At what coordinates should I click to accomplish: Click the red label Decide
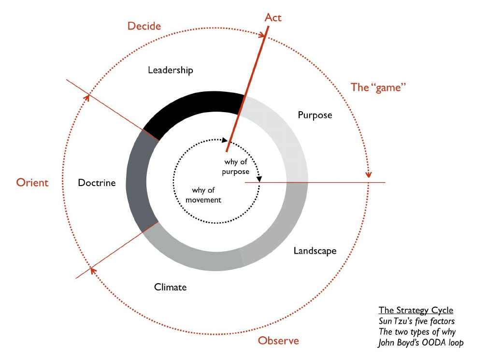click(144, 26)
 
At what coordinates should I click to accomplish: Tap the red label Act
click(273, 18)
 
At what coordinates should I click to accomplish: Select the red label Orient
click(32, 183)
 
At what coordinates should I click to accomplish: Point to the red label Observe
click(278, 341)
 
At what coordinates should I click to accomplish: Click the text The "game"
click(378, 87)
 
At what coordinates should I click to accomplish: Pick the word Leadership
click(170, 70)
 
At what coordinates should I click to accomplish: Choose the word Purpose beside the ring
click(315, 115)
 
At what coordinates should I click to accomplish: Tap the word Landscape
click(315, 251)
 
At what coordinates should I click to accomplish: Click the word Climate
click(170, 288)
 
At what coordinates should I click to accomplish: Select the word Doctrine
click(97, 183)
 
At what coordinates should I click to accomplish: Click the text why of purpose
click(236, 167)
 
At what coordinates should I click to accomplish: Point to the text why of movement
click(206, 195)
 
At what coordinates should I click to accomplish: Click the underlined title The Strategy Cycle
click(416, 310)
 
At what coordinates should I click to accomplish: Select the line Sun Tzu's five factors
click(416, 321)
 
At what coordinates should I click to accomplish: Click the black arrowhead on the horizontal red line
click(259, 179)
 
